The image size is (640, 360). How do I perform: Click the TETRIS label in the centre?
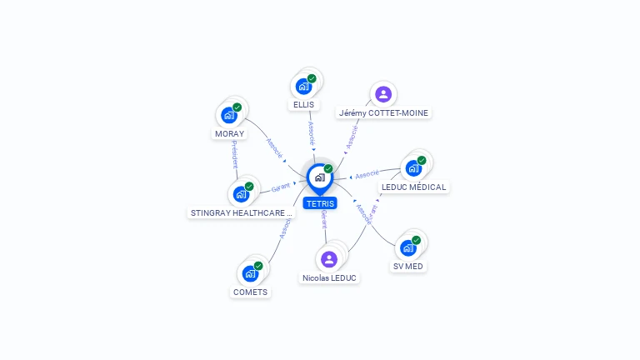(320, 203)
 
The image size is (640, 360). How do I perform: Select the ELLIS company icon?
(304, 86)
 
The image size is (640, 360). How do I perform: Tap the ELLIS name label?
(304, 105)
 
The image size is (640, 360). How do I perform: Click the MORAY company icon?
(229, 115)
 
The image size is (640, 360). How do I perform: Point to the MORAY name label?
(229, 134)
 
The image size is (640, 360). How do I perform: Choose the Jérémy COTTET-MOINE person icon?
(383, 93)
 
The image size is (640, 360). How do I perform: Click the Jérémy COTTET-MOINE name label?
(383, 112)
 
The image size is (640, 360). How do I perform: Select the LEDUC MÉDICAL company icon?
(413, 167)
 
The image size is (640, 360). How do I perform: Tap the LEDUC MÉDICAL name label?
(413, 187)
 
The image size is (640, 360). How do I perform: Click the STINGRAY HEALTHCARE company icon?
(242, 194)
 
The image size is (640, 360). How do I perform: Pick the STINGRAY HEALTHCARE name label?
(242, 212)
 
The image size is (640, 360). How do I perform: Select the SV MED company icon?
(408, 247)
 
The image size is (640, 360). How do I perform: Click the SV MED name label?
(408, 267)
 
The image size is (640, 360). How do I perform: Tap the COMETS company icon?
(251, 273)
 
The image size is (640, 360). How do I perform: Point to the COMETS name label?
(251, 292)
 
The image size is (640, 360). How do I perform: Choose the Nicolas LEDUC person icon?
(329, 258)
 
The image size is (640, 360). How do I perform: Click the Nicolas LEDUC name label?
(329, 277)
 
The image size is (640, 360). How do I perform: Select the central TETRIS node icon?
(319, 177)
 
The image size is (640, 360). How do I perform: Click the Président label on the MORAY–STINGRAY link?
(235, 155)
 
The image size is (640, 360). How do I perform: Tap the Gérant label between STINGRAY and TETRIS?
(280, 187)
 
